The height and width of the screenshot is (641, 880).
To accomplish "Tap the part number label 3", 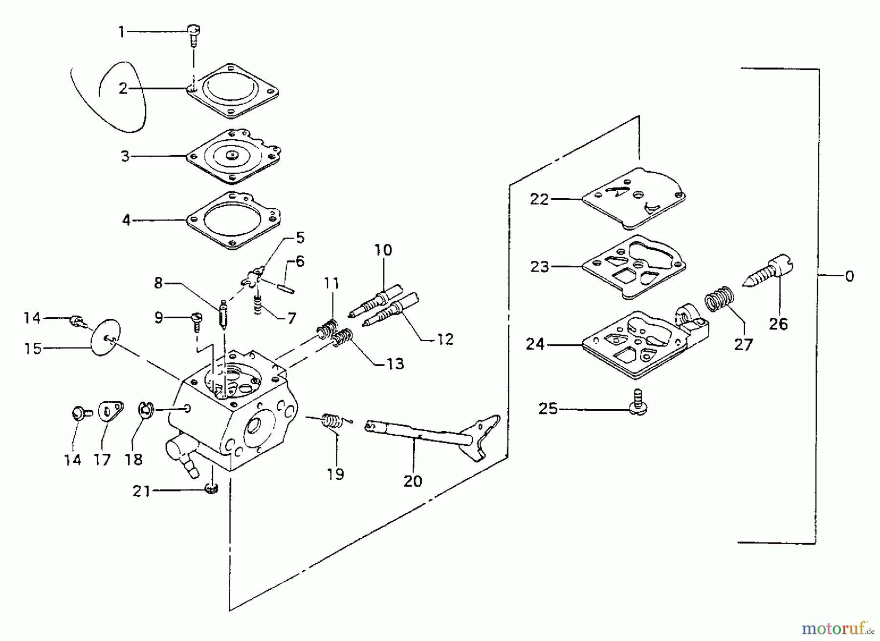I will click(x=125, y=156).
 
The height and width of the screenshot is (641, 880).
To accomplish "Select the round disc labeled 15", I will click(x=106, y=337).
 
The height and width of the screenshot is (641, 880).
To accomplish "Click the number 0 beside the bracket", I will click(x=850, y=276).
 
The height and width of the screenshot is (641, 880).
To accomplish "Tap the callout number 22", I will click(x=540, y=199).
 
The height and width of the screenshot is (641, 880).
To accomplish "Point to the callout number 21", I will click(x=141, y=490).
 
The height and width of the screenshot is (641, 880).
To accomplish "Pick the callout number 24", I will click(x=535, y=344).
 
